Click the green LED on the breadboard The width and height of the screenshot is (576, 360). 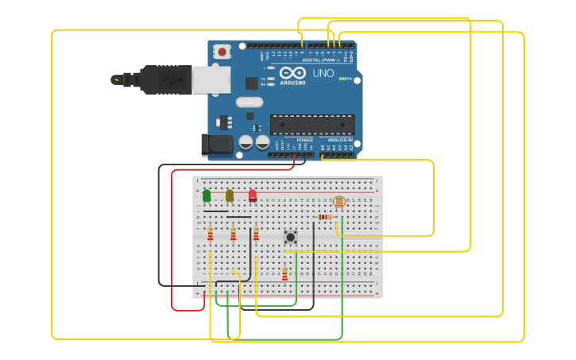coord(207,195)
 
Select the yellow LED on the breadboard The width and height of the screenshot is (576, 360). coord(230,195)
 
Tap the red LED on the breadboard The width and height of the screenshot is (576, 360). coord(253,195)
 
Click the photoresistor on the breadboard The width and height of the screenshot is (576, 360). coord(339,203)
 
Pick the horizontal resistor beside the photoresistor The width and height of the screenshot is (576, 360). coord(324,217)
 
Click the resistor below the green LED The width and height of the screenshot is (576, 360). coord(210,234)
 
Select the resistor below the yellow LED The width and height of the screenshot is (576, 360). coord(233,234)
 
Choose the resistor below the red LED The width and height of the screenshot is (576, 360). coord(256,234)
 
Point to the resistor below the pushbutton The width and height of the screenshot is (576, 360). coord(284,274)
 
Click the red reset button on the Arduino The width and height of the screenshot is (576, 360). coord(222,52)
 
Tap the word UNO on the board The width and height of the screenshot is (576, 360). coord(323,73)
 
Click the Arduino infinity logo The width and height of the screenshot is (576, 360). coord(292,72)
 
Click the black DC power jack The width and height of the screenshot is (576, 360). coord(217,145)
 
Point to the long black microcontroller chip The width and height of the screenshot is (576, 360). coord(312,125)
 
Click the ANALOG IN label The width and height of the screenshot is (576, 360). coord(339,139)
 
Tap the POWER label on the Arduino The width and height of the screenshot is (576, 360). coord(304,139)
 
